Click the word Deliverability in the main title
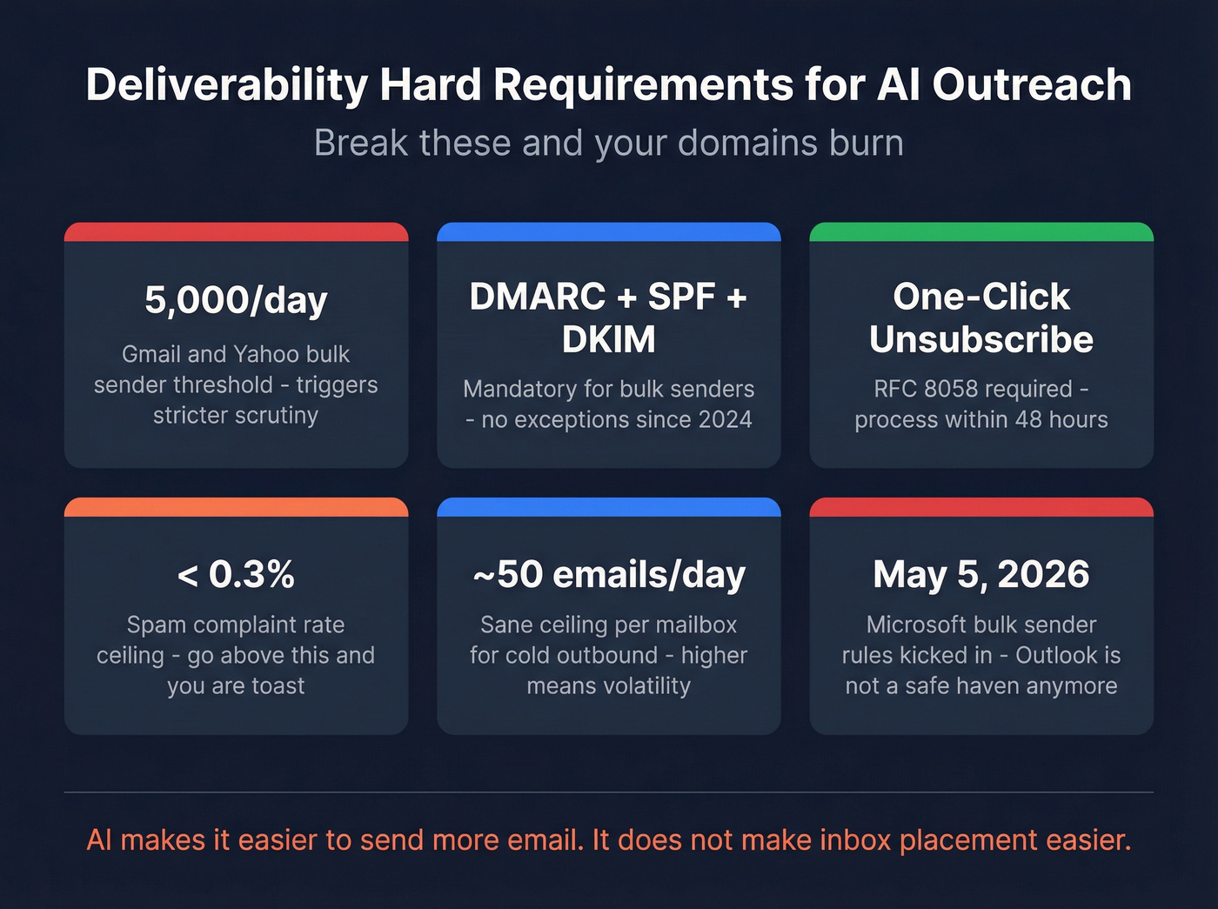(x=227, y=85)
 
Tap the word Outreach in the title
(x=1032, y=85)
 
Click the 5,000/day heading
(x=236, y=300)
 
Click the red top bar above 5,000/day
(x=236, y=231)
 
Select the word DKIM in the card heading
(x=608, y=339)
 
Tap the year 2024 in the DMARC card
(x=724, y=420)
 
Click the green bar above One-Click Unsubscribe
(x=980, y=231)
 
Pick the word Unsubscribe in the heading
(x=980, y=339)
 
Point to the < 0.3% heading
(x=236, y=574)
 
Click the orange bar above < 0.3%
(x=236, y=507)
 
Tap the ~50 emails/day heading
(x=608, y=574)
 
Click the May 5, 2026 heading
(x=980, y=574)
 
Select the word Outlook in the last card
(x=1058, y=655)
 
